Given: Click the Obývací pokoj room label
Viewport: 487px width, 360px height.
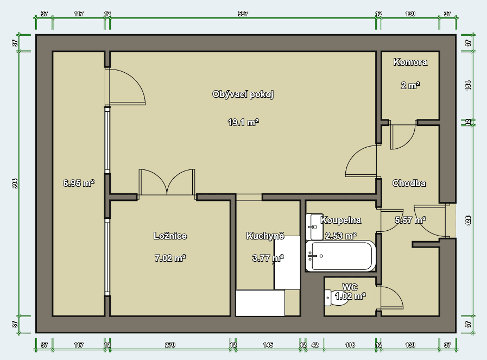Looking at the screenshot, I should click(243, 94).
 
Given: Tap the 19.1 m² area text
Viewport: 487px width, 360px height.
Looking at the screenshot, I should click(243, 123).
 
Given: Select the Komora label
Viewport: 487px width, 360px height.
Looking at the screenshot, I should click(410, 62).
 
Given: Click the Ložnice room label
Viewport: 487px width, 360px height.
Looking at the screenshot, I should click(170, 236).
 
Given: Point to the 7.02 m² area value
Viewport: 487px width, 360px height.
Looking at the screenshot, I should click(170, 258).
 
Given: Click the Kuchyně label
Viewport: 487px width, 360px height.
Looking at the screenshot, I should click(265, 236).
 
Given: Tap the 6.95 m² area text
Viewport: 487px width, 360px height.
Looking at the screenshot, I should click(79, 184).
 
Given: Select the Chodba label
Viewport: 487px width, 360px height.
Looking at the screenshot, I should click(409, 183).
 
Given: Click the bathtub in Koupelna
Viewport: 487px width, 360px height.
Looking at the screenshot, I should click(340, 256).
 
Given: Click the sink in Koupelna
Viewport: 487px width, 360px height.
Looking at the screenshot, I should click(314, 226).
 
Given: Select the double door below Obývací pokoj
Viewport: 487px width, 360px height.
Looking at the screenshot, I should click(167, 182).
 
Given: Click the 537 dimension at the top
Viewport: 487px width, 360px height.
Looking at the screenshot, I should click(243, 14).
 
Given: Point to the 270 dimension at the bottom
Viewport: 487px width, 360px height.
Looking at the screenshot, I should click(170, 345).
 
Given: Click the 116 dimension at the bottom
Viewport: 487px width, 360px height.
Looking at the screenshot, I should click(350, 345).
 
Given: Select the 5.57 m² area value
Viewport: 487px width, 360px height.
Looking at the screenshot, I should click(410, 220).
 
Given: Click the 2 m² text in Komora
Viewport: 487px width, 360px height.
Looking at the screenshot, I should click(410, 85).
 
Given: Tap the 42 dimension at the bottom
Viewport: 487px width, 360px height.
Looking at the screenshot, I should click(314, 345).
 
